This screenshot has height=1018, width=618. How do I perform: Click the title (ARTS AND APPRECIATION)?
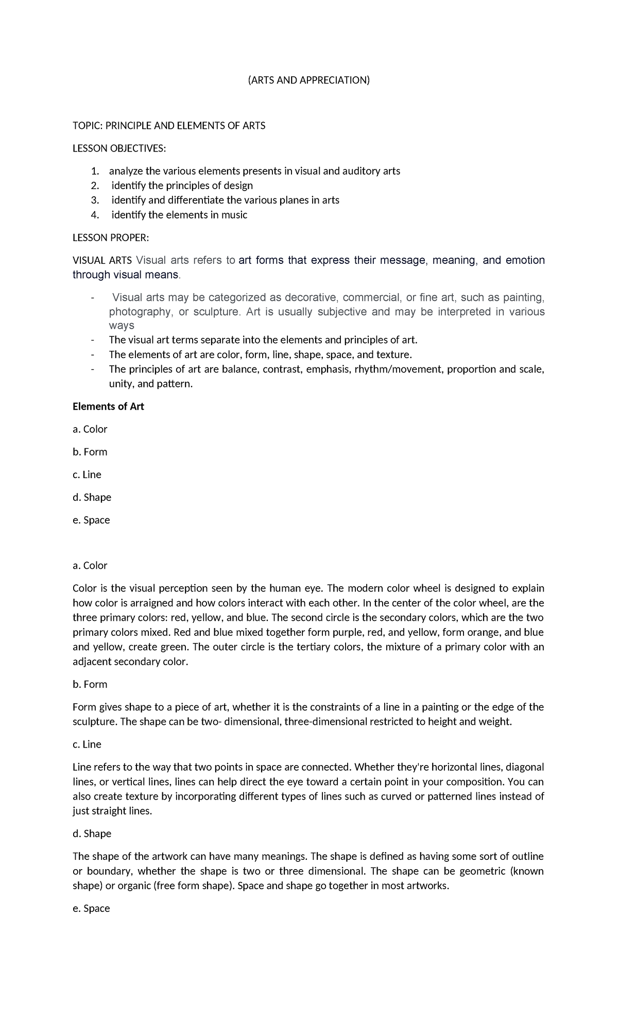[308, 80]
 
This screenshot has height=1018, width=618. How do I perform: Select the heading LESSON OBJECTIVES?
[119, 148]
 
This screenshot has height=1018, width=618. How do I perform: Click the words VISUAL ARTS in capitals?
[102, 260]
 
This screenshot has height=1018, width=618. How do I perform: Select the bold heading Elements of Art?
[108, 406]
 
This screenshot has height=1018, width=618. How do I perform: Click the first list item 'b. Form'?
[90, 452]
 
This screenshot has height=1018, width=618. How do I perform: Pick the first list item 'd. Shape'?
[92, 497]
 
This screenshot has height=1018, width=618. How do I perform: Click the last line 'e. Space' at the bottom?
[91, 908]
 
